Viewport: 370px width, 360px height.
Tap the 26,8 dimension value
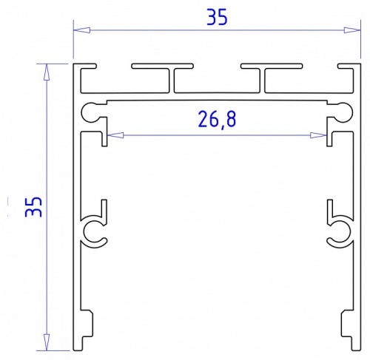[216, 119]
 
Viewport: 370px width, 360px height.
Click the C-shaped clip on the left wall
[94, 231]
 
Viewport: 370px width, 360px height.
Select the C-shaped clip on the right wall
[338, 231]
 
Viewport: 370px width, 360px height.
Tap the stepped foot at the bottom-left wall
[87, 325]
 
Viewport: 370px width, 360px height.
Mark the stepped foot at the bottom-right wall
[346, 325]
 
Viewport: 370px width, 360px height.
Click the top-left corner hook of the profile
[85, 69]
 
